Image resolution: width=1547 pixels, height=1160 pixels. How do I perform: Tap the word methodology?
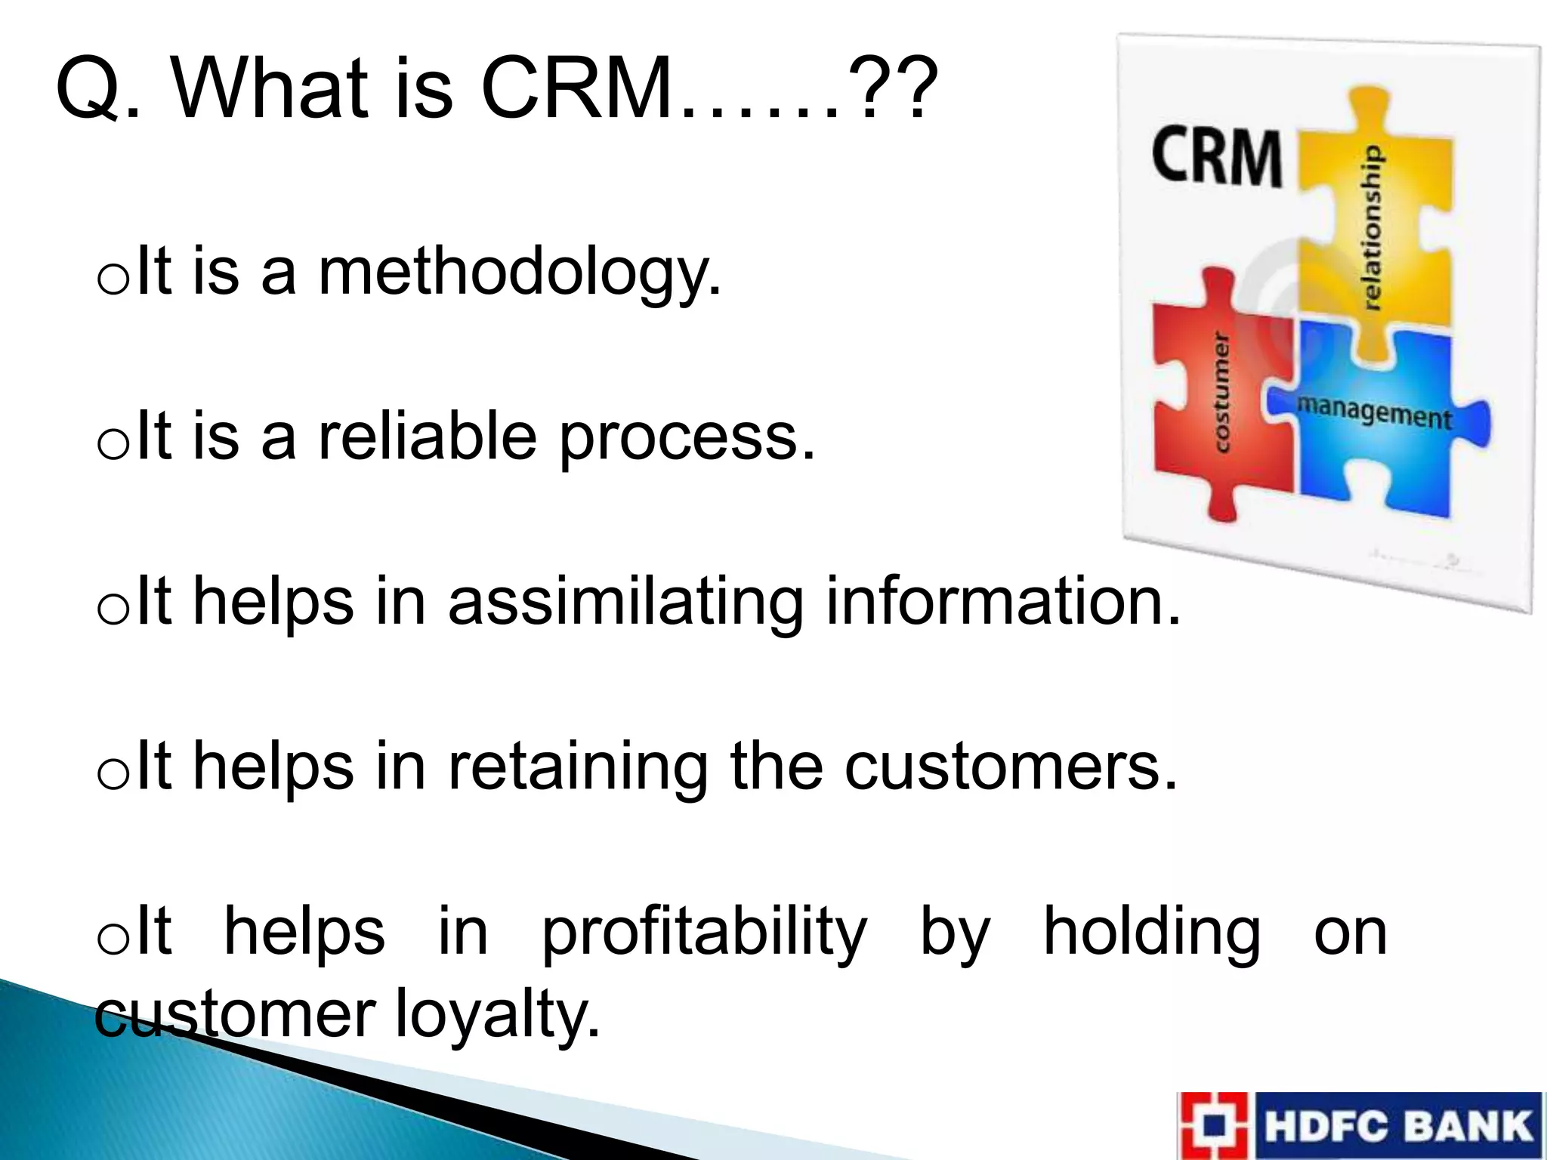pyautogui.click(x=520, y=273)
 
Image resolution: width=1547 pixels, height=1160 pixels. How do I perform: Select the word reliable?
pyautogui.click(x=427, y=438)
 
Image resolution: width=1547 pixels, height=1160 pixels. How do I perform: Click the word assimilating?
pyautogui.click(x=625, y=603)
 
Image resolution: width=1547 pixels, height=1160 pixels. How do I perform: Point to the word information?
pyautogui.click(x=1003, y=601)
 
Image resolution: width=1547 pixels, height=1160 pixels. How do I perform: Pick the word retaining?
pyautogui.click(x=578, y=767)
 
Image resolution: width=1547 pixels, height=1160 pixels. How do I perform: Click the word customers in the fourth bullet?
pyautogui.click(x=1010, y=767)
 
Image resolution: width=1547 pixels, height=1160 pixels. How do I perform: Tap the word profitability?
pyautogui.click(x=704, y=933)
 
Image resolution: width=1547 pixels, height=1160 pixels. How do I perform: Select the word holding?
pyautogui.click(x=1151, y=933)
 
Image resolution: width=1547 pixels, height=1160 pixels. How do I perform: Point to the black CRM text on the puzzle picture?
pyautogui.click(x=1216, y=157)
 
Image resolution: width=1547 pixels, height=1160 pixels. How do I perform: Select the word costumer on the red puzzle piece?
pyautogui.click(x=1221, y=392)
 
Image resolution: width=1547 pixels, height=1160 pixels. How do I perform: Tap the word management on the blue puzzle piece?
pyautogui.click(x=1374, y=412)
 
